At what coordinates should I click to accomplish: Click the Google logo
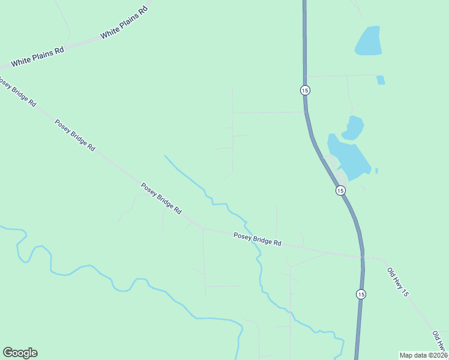(20, 353)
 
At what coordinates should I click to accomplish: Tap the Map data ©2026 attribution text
(423, 355)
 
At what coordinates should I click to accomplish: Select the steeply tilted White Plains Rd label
(124, 24)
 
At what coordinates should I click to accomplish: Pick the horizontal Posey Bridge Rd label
(258, 239)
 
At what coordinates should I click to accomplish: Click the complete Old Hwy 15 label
(397, 283)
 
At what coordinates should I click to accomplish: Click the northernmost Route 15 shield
(305, 90)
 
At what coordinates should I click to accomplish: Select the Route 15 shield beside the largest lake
(340, 190)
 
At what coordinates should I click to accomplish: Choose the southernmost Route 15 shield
(360, 294)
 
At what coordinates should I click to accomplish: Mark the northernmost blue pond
(368, 41)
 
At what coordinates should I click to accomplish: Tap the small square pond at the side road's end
(381, 80)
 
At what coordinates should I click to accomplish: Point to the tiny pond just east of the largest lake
(376, 171)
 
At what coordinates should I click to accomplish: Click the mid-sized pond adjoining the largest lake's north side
(354, 127)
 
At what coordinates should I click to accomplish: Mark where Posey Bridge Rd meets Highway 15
(362, 256)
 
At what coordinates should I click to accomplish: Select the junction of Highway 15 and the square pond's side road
(305, 76)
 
